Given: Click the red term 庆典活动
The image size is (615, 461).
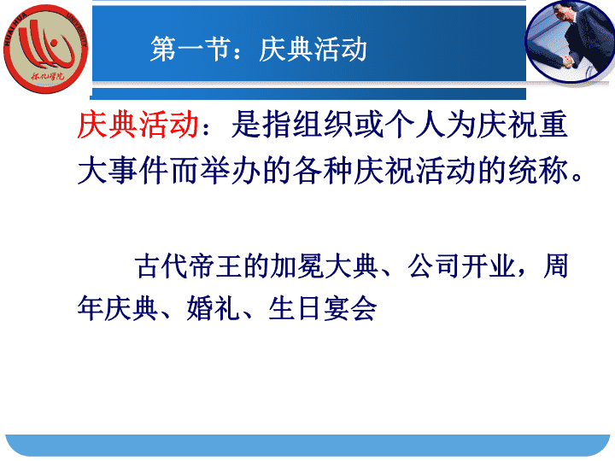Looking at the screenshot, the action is [x=138, y=125].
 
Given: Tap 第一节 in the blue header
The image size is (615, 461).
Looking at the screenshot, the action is [x=190, y=49].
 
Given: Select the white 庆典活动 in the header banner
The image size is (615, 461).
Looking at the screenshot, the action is [x=313, y=49].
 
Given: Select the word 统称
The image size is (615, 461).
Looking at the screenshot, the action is [x=538, y=171].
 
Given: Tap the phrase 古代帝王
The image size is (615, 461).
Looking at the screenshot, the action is [x=188, y=266].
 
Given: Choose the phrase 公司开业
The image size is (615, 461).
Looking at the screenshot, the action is [x=461, y=266].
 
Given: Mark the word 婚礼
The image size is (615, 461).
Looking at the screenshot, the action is [x=213, y=309].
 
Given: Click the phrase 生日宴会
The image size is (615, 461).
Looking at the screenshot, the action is [x=322, y=309].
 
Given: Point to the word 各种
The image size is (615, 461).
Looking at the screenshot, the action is [x=323, y=171].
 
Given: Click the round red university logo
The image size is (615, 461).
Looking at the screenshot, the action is [x=46, y=49].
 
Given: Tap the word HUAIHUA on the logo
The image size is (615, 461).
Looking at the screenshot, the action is [x=15, y=29].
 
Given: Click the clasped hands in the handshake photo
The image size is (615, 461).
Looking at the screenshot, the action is [x=568, y=61].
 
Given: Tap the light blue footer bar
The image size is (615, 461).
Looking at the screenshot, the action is [x=307, y=446].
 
